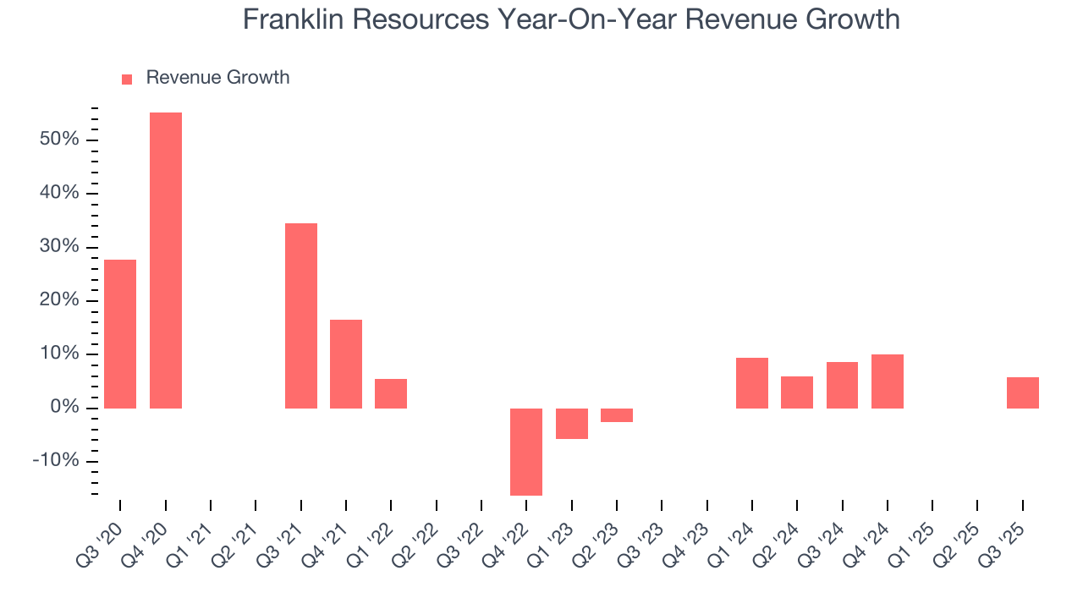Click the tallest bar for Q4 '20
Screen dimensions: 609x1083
(x=166, y=261)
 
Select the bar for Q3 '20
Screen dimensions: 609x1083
(x=120, y=334)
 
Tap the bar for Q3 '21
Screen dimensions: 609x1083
(x=301, y=315)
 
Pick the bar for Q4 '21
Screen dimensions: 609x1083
(x=346, y=364)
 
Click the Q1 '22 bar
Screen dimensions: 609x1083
(x=391, y=393)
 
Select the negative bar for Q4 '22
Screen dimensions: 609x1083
(x=526, y=452)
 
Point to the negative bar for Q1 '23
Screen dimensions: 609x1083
(x=572, y=424)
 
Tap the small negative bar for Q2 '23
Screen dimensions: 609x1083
(x=617, y=415)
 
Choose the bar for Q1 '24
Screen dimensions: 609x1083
(x=752, y=383)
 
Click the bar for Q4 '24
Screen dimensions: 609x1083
(x=888, y=381)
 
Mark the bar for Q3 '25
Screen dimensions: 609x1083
(x=1023, y=392)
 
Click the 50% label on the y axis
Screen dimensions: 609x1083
(x=59, y=140)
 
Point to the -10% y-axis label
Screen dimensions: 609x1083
(x=56, y=462)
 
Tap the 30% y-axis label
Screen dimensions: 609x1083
(x=59, y=247)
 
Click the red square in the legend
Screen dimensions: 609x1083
(x=127, y=80)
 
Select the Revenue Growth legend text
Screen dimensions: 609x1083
(x=217, y=78)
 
